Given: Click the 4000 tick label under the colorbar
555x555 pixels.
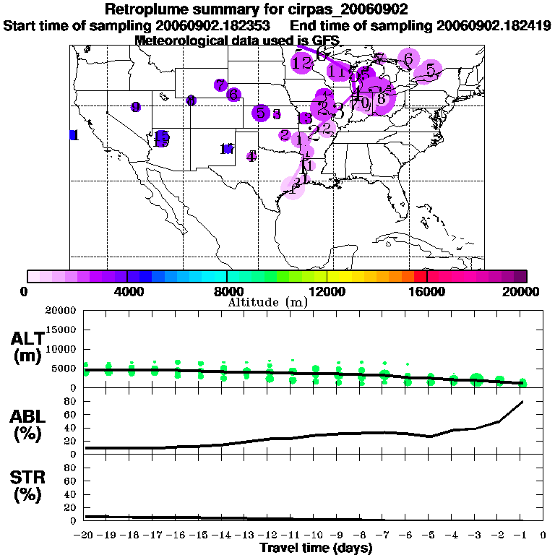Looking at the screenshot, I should pyautogui.click(x=126, y=291).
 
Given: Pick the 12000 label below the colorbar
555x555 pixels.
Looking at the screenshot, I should pyautogui.click(x=327, y=291).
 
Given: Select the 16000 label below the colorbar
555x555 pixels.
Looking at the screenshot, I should pyautogui.click(x=427, y=291).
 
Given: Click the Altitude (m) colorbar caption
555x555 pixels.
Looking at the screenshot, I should pyautogui.click(x=267, y=302).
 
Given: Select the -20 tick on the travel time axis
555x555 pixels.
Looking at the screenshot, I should pyautogui.click(x=85, y=535).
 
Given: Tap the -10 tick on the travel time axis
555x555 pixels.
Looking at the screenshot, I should pyautogui.click(x=314, y=535).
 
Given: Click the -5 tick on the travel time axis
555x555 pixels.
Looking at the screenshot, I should pyautogui.click(x=429, y=535).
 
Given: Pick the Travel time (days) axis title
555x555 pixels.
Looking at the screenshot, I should pyautogui.click(x=316, y=548).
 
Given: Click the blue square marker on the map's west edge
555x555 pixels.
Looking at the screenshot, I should pyautogui.click(x=73, y=135).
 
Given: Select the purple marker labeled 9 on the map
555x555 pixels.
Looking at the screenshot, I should pyautogui.click(x=136, y=107).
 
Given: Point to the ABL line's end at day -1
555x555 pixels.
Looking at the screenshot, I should pyautogui.click(x=522, y=401).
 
